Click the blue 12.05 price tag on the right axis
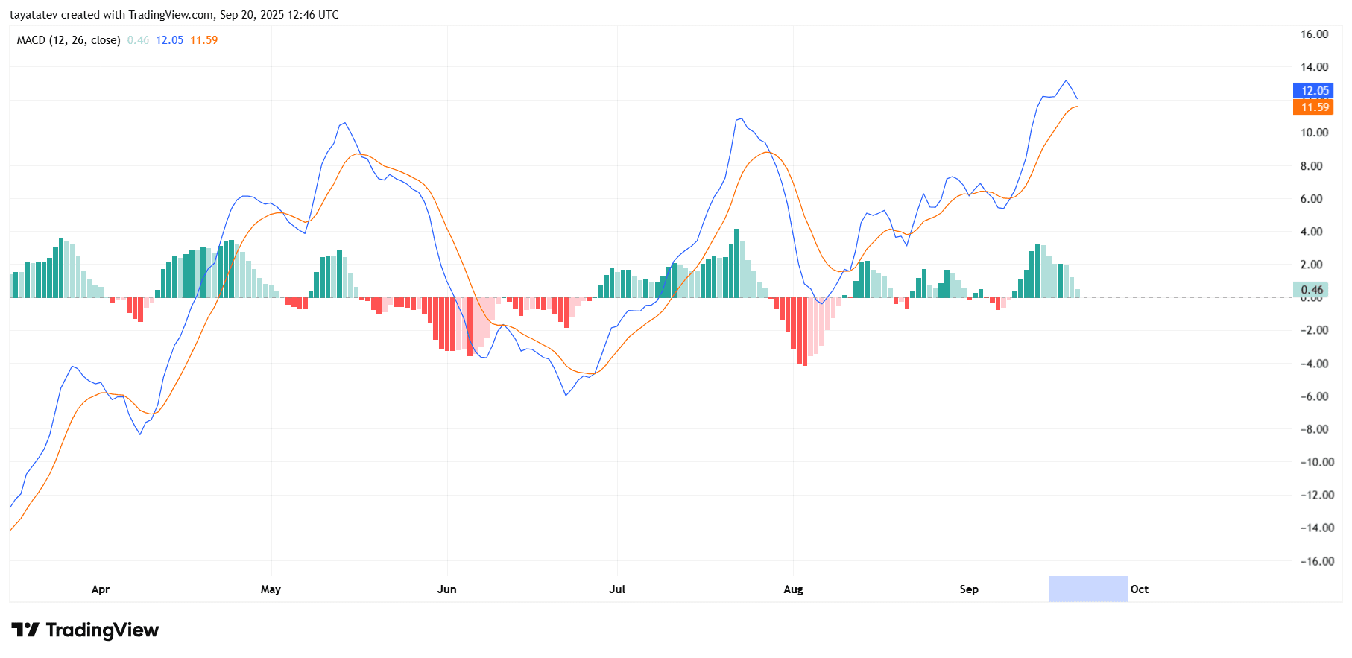click(x=1312, y=91)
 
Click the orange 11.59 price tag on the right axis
click(x=1312, y=107)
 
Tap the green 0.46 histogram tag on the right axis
click(x=1311, y=290)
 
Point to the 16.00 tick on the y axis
click(x=1314, y=34)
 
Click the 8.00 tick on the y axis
click(x=1311, y=166)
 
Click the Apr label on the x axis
click(x=101, y=589)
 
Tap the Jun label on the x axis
click(x=446, y=589)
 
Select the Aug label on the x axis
click(x=793, y=589)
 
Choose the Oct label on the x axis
click(x=1139, y=589)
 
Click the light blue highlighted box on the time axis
click(x=1087, y=589)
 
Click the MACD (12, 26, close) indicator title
click(x=69, y=40)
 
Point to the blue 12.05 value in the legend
click(x=169, y=40)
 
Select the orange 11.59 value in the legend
click(x=203, y=40)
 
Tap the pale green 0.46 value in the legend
click(x=138, y=40)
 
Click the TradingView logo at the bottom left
click(x=85, y=630)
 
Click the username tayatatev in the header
click(x=33, y=15)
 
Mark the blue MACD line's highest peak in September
click(x=1066, y=80)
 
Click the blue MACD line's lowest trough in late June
click(x=566, y=395)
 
